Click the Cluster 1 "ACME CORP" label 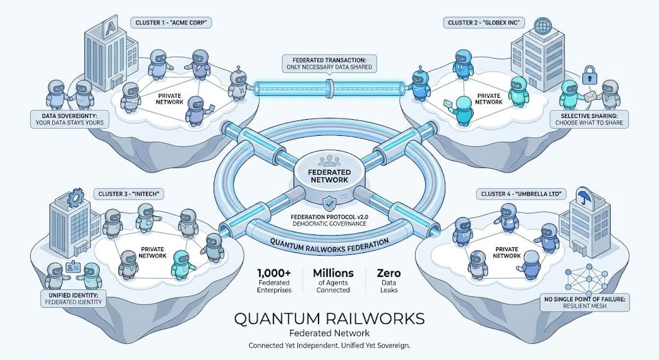(173, 23)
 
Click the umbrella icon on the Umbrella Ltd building (584, 194)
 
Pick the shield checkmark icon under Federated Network (329, 204)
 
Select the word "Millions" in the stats (333, 274)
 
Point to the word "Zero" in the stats (386, 274)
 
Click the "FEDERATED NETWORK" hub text (330, 176)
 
